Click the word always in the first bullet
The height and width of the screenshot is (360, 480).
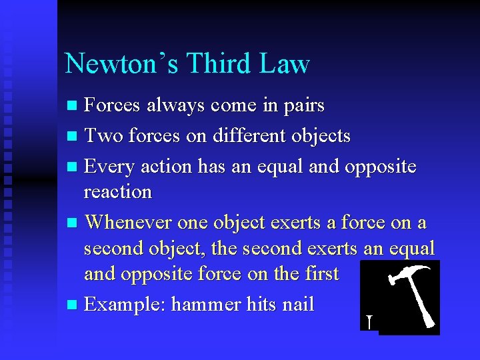click(x=177, y=105)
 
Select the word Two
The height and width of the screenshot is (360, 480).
click(x=103, y=136)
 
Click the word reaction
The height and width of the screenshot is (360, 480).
click(x=118, y=192)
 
